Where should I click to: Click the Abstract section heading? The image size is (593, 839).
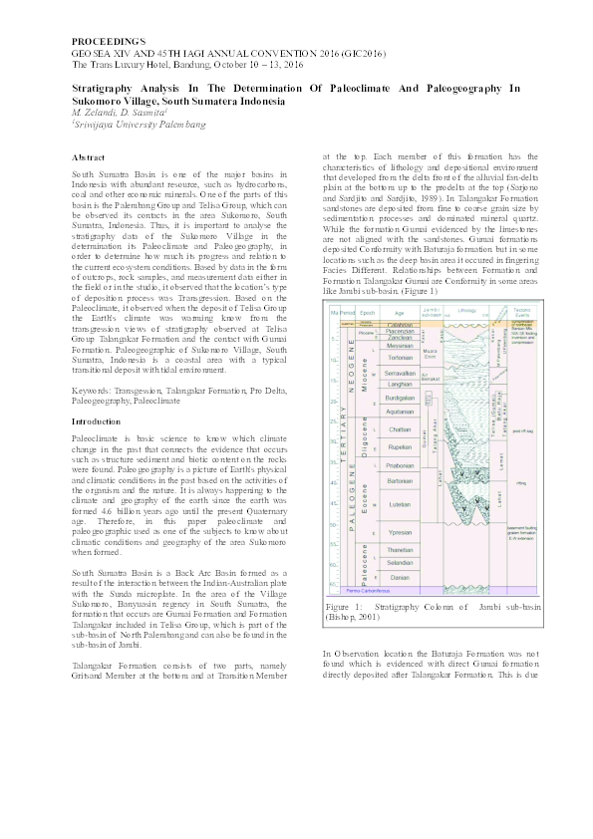89,157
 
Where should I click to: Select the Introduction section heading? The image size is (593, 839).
98,421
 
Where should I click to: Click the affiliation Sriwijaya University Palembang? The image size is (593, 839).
140,125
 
